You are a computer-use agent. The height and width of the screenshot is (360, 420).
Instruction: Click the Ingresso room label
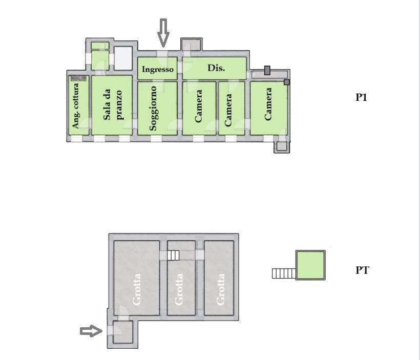click(158, 69)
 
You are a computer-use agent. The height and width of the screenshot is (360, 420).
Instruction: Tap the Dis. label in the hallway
click(216, 68)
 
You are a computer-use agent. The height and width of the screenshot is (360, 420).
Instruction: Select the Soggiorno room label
click(153, 108)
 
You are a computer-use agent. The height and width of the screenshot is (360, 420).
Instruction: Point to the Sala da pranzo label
click(113, 108)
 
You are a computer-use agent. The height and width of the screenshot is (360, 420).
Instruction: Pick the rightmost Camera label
click(268, 104)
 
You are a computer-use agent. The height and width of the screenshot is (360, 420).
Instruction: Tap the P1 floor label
click(362, 97)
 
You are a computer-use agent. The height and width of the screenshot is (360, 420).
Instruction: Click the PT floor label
click(362, 270)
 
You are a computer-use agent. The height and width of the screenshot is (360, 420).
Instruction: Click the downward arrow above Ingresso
click(163, 32)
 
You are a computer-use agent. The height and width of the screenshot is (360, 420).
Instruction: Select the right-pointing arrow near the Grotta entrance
click(91, 331)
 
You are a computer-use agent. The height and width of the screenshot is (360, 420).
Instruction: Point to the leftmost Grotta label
click(137, 289)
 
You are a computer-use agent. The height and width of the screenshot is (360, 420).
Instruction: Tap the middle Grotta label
click(179, 289)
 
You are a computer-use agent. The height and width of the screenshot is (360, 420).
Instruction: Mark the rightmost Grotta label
click(221, 289)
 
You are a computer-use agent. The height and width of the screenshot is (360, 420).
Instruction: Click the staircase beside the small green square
click(284, 273)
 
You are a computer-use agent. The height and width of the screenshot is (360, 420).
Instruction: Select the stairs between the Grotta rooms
click(173, 255)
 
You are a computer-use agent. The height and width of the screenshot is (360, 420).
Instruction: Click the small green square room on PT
click(310, 265)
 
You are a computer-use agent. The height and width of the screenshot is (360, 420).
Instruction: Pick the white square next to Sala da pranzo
click(123, 58)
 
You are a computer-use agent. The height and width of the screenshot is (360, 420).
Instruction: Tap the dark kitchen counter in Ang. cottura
click(78, 78)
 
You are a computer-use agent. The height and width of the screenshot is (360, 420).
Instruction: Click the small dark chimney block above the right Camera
click(267, 70)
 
